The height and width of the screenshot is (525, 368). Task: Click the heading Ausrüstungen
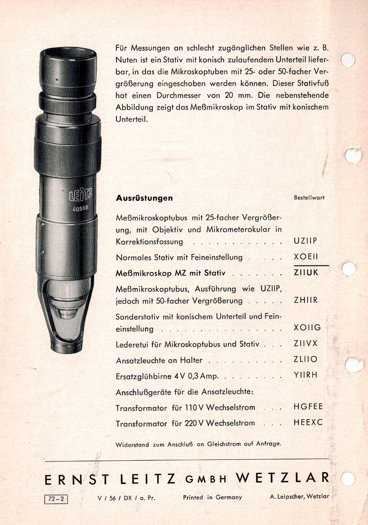pyautogui.click(x=144, y=198)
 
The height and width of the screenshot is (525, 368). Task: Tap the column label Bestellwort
pyautogui.click(x=309, y=197)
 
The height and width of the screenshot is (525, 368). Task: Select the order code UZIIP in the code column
pyautogui.click(x=305, y=241)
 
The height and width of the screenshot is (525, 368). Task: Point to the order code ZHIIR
pyautogui.click(x=306, y=301)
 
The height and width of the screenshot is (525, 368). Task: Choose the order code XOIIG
pyautogui.click(x=307, y=328)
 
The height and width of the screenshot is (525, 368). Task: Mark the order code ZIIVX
pyautogui.click(x=306, y=344)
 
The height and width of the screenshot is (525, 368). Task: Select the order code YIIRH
pyautogui.click(x=306, y=375)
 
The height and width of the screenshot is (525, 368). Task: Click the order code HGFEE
pyautogui.click(x=308, y=407)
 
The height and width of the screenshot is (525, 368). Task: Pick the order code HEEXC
pyautogui.click(x=308, y=422)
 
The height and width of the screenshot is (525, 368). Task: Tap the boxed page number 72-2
pyautogui.click(x=57, y=497)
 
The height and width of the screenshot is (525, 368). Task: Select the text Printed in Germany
pyautogui.click(x=212, y=497)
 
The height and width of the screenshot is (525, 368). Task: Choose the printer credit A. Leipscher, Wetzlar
pyautogui.click(x=299, y=497)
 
